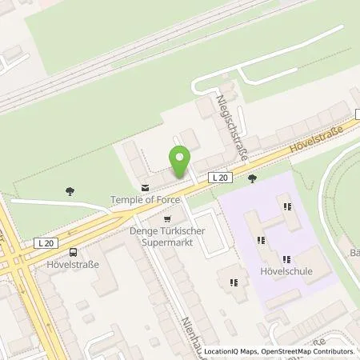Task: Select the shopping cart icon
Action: pos(166,218)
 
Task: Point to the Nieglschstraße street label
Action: pos(228,125)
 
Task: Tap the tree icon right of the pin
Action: pos(253,178)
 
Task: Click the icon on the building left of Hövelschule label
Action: pos(233,282)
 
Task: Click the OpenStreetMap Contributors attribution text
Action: pos(313,351)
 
